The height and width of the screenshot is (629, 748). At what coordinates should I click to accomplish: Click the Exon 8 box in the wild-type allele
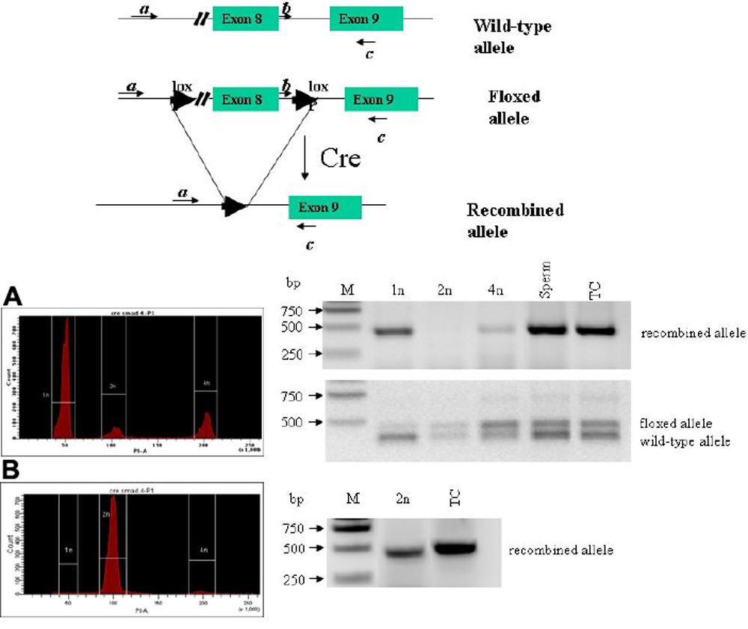(x=245, y=19)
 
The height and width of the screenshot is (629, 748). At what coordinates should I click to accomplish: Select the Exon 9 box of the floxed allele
(x=377, y=99)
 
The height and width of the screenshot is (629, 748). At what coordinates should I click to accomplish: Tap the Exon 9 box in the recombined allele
(x=325, y=207)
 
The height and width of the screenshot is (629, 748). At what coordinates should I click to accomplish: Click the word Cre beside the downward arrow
(x=340, y=157)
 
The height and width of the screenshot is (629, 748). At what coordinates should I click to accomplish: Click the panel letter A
(x=14, y=297)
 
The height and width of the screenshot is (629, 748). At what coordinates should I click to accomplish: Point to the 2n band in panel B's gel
(x=404, y=553)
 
